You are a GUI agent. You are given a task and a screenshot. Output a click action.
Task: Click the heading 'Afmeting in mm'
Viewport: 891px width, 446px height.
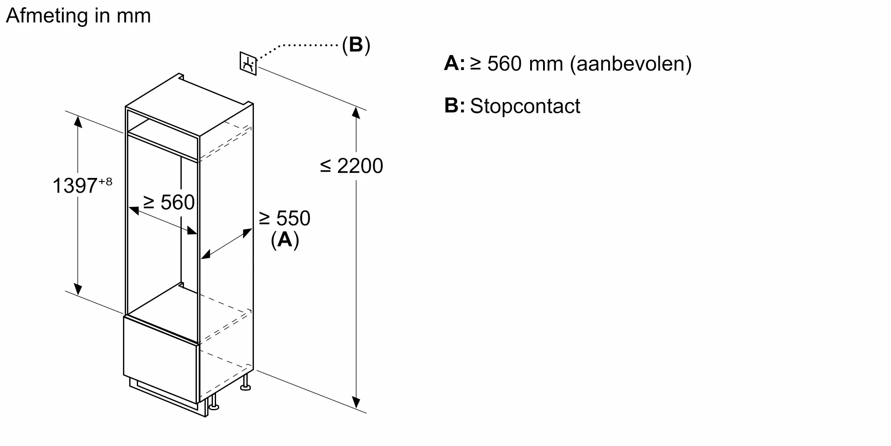pyautogui.click(x=78, y=16)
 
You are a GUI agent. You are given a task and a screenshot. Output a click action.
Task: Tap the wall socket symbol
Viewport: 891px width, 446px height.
pyautogui.click(x=248, y=63)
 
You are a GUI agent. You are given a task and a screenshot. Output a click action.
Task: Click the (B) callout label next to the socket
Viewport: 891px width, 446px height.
pyautogui.click(x=356, y=45)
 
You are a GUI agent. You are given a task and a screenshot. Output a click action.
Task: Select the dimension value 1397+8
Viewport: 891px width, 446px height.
pyautogui.click(x=82, y=185)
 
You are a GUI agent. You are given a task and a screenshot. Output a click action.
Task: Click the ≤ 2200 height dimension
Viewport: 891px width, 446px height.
pyautogui.click(x=351, y=166)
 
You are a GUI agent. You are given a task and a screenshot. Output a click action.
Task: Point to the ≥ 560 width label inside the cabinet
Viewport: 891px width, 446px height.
pyautogui.click(x=169, y=202)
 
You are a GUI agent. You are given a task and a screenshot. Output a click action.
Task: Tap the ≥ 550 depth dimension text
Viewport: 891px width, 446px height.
pyautogui.click(x=285, y=218)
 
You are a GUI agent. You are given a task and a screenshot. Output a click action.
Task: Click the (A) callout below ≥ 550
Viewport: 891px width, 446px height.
pyautogui.click(x=285, y=240)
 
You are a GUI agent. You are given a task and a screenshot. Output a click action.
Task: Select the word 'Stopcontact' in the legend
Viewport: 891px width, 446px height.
pyautogui.click(x=525, y=106)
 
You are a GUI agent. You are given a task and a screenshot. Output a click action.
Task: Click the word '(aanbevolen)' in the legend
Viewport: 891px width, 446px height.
pyautogui.click(x=631, y=64)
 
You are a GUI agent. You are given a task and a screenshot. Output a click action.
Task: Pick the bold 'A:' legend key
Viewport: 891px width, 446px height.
pyautogui.click(x=454, y=63)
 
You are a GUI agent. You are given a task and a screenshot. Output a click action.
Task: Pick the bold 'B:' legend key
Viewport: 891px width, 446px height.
pyautogui.click(x=454, y=106)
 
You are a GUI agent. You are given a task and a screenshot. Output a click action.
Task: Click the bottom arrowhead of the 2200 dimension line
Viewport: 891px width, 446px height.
pyautogui.click(x=356, y=403)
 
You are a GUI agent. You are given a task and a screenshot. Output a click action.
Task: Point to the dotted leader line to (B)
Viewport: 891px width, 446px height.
pyautogui.click(x=303, y=45)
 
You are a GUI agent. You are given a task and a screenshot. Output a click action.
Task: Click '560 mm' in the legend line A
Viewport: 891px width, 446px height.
pyautogui.click(x=526, y=64)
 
